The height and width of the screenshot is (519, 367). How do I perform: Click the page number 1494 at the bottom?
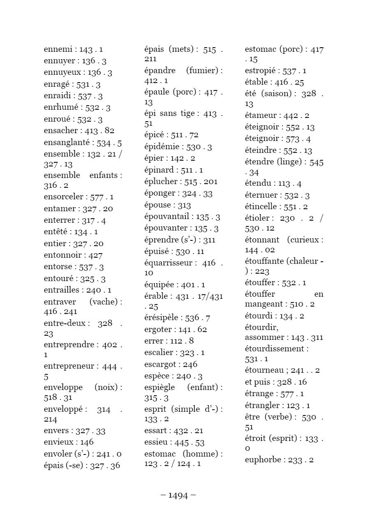(x=178, y=496)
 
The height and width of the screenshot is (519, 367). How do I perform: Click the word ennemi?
(x=57, y=50)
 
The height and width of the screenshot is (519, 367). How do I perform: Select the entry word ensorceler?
(x=63, y=197)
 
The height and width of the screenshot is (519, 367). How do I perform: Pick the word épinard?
(x=159, y=170)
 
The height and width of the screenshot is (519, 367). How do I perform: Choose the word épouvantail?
(x=167, y=217)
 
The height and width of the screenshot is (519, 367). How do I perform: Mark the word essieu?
(x=156, y=443)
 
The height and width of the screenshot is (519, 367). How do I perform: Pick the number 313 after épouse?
(x=184, y=205)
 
